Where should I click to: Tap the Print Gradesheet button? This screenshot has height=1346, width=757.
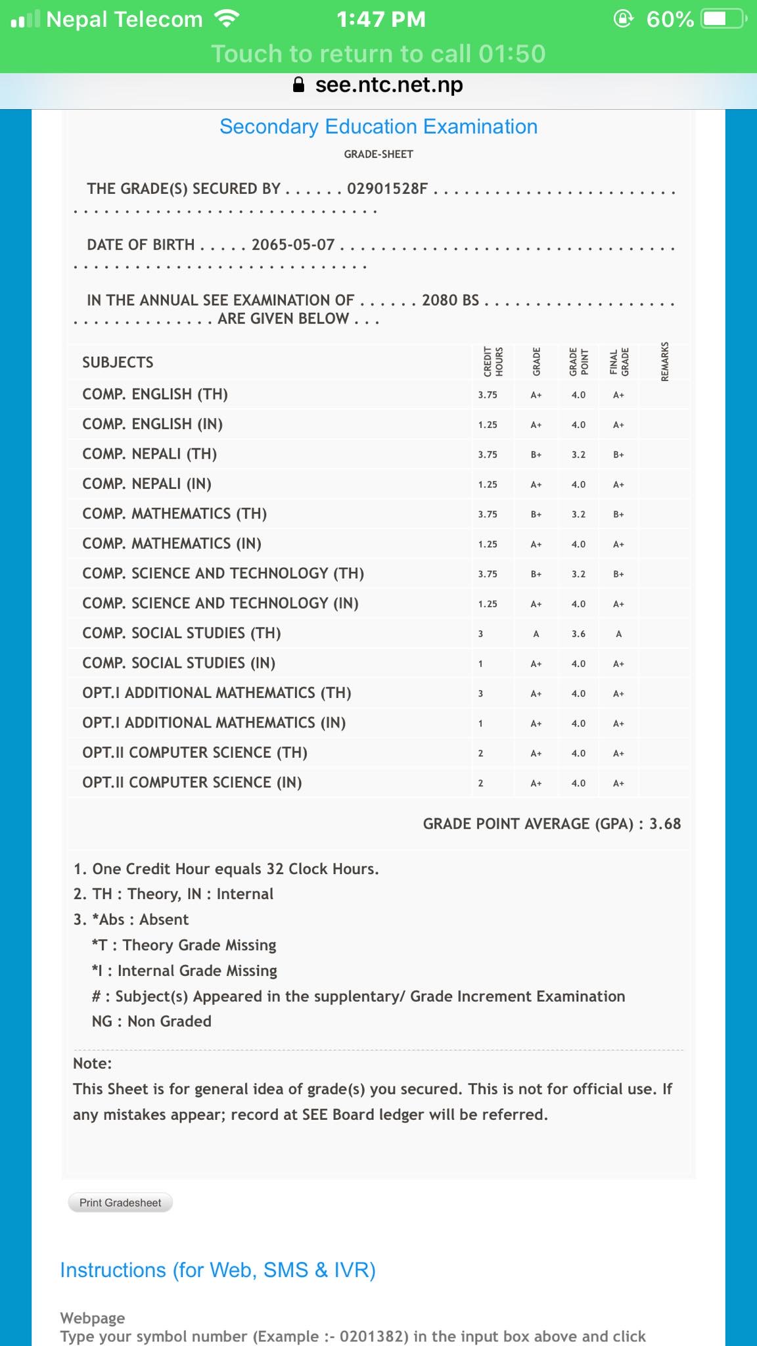(120, 1203)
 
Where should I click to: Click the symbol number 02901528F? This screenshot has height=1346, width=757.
(387, 189)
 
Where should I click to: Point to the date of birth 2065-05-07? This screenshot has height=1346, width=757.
(293, 244)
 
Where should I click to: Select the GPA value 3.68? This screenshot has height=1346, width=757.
(665, 824)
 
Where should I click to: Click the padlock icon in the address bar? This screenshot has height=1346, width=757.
(298, 85)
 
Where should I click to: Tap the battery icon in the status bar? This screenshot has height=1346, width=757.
(723, 19)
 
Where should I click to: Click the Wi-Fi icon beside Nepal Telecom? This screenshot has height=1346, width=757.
(227, 19)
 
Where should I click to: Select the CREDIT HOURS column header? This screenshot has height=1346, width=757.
(493, 361)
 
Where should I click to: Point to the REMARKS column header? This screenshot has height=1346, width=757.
(665, 361)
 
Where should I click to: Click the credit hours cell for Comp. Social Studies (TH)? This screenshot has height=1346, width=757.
(480, 634)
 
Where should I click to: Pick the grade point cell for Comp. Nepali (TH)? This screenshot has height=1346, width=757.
(578, 454)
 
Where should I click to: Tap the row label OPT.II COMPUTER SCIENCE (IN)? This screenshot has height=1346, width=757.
(192, 782)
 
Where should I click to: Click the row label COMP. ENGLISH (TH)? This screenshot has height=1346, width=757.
(155, 394)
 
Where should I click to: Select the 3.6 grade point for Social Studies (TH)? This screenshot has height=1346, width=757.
(578, 634)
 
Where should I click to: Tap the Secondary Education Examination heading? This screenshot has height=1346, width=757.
(378, 126)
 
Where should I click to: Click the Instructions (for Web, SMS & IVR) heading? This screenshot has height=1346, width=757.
(218, 1270)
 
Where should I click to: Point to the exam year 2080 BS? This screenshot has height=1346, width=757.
(450, 300)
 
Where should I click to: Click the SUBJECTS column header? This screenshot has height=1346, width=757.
(118, 362)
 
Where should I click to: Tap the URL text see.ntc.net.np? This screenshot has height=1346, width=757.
(389, 85)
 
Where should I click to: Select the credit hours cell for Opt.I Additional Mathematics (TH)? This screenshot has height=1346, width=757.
(480, 693)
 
